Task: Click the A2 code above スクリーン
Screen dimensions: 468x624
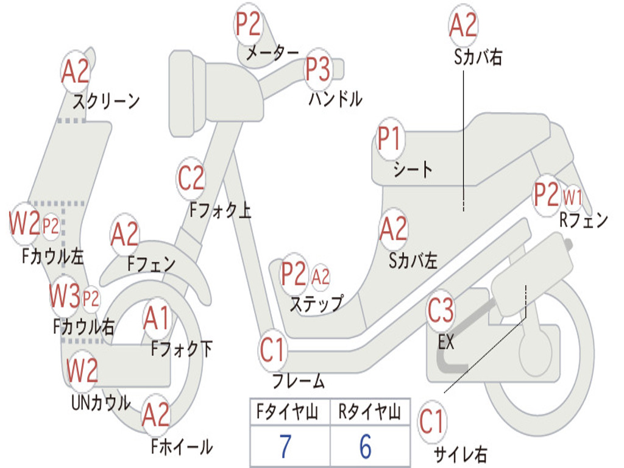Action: tap(76, 72)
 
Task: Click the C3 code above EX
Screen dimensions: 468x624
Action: tap(441, 311)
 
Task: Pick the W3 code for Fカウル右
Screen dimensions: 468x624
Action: tap(65, 297)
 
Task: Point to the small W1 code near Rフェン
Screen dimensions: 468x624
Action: tap(573, 197)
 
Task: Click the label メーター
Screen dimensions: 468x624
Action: tap(272, 54)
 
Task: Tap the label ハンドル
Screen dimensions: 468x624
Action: tap(335, 99)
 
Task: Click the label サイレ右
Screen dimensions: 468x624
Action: tap(461, 453)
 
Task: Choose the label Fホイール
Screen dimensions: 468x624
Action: tap(182, 447)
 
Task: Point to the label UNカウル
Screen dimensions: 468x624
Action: tap(101, 403)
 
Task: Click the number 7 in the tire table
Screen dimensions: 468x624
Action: tap(285, 447)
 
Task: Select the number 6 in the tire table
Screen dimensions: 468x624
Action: tap(365, 447)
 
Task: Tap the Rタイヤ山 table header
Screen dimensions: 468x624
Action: tap(369, 413)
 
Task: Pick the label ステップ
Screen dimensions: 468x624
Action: tap(316, 303)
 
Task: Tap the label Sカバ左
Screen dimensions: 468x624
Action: tap(413, 261)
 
